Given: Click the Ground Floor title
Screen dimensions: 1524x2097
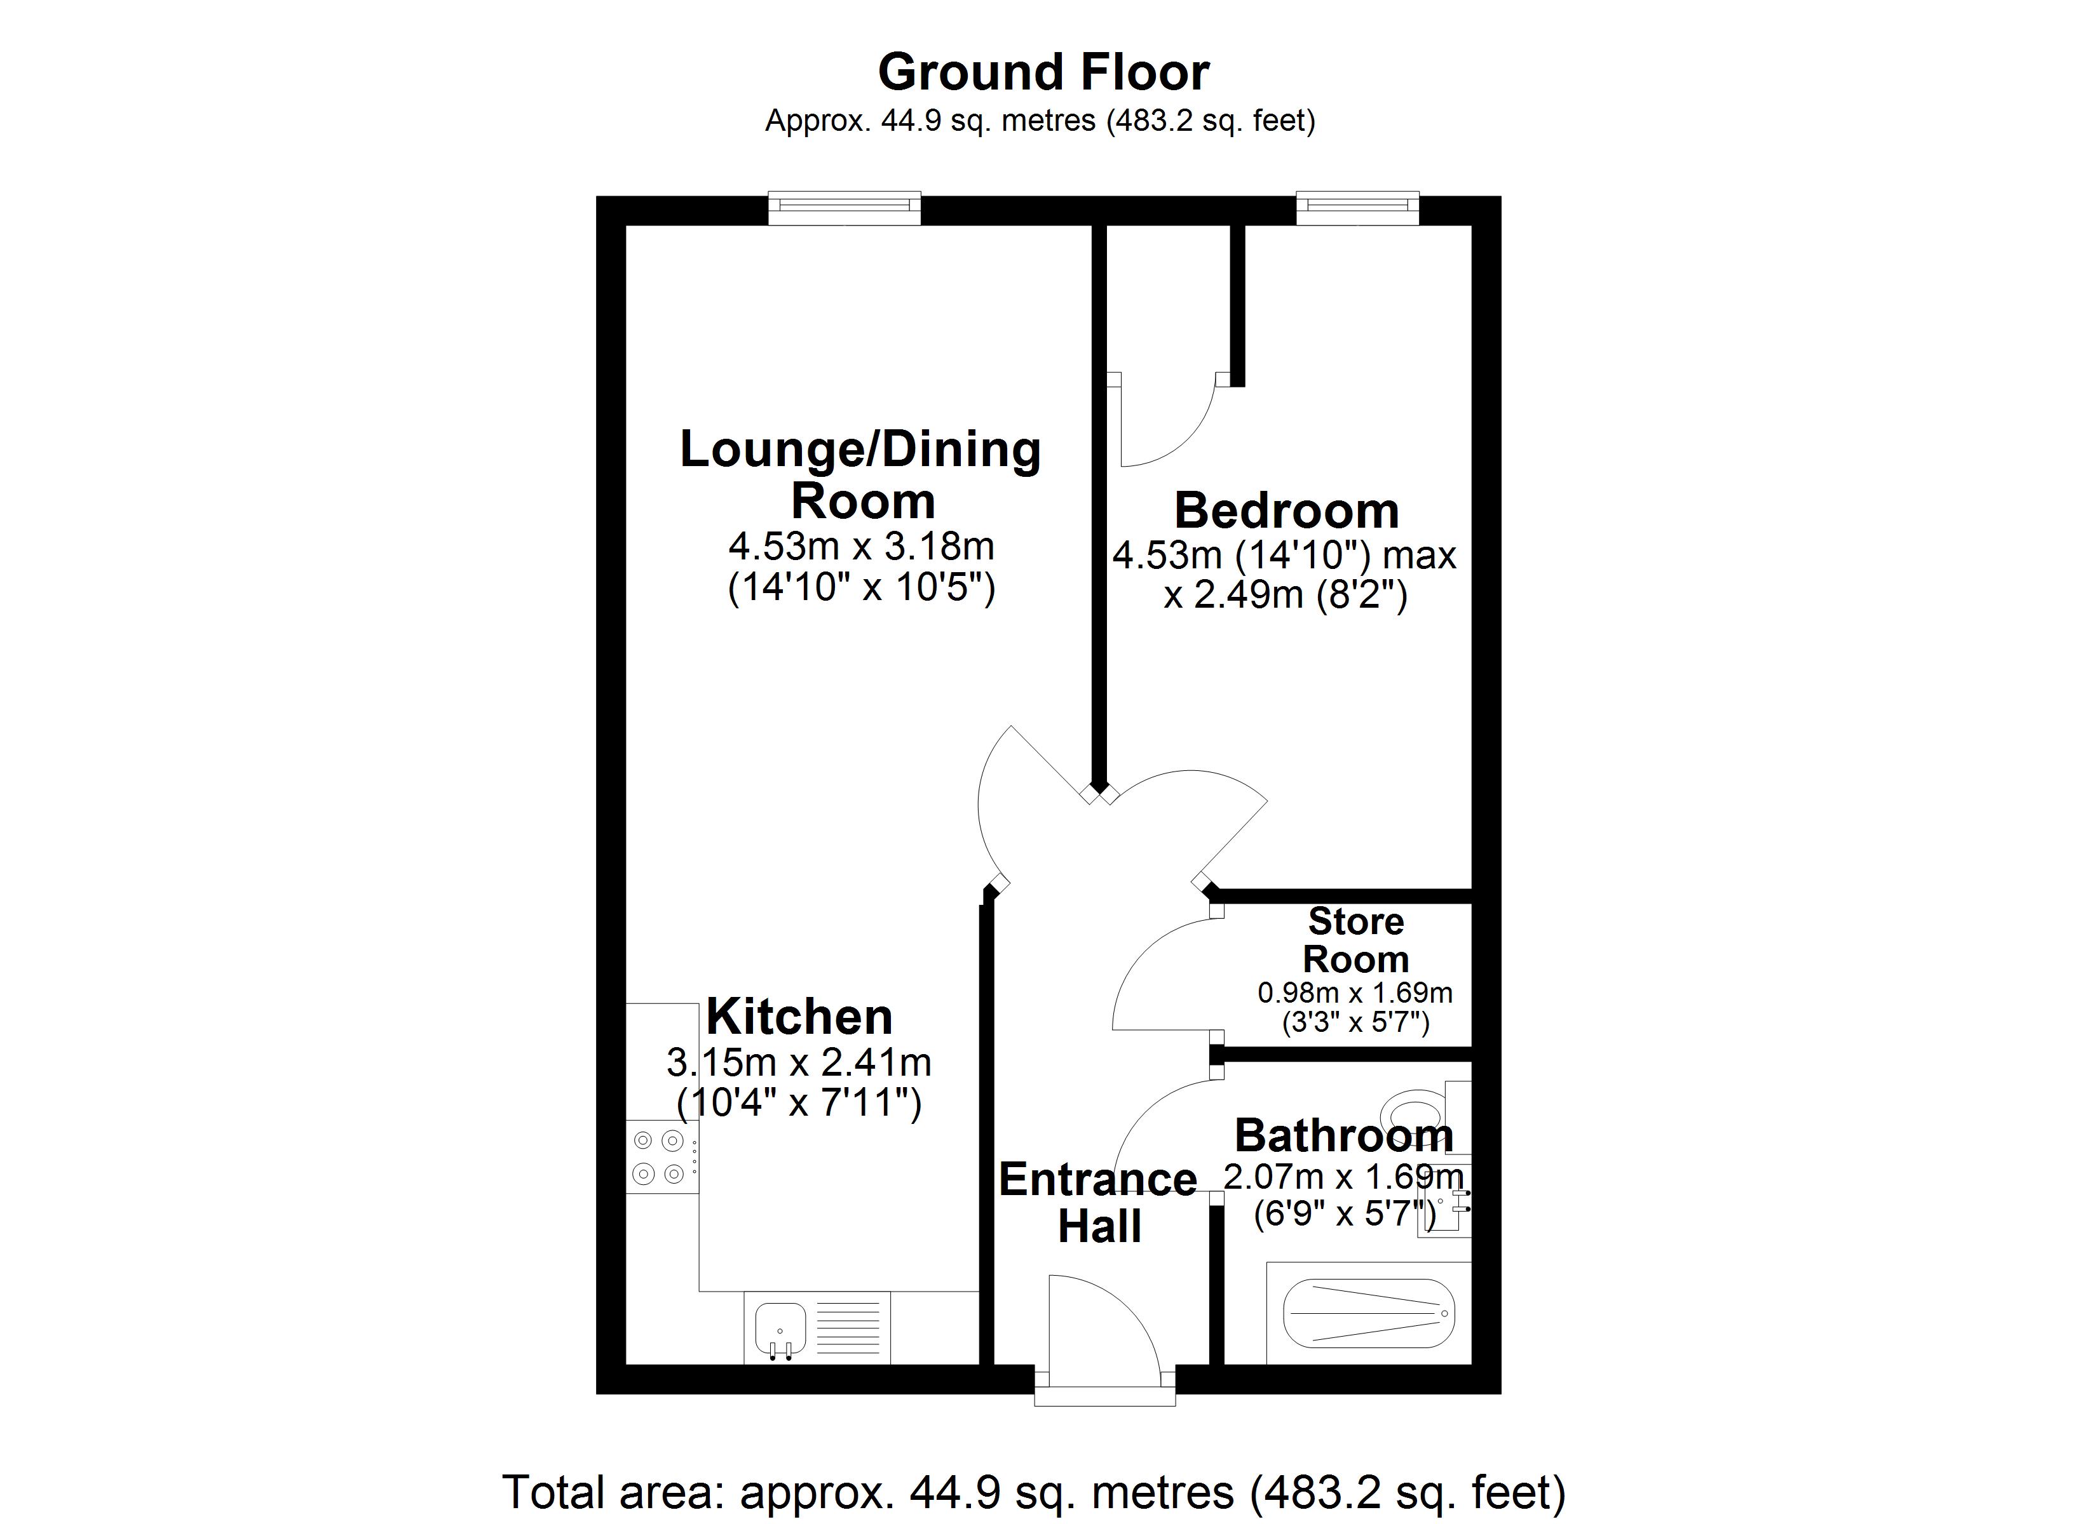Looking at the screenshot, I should tap(1043, 72).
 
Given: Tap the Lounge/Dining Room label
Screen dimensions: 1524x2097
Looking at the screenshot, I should tap(861, 475).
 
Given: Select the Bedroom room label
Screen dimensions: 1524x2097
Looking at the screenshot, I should tap(1286, 511).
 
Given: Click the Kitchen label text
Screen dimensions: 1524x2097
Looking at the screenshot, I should tap(799, 1017).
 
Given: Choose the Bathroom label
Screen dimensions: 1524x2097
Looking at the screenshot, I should tap(1343, 1135).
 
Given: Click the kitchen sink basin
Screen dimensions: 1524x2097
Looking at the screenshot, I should tap(780, 1328).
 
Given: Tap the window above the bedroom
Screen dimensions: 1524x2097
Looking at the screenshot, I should tap(1357, 208).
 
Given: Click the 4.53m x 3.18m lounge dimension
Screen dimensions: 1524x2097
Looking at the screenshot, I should tap(861, 546).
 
